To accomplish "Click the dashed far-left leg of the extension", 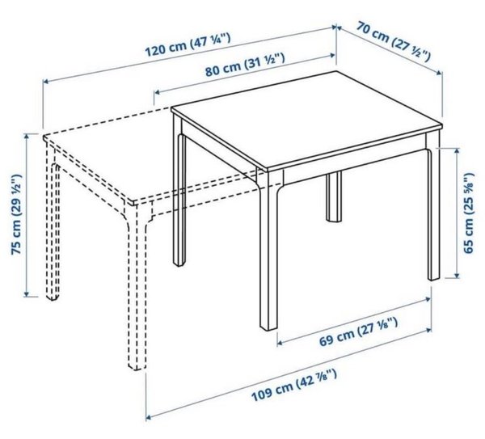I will [53, 226].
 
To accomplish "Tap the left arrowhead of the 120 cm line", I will [45, 81].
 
